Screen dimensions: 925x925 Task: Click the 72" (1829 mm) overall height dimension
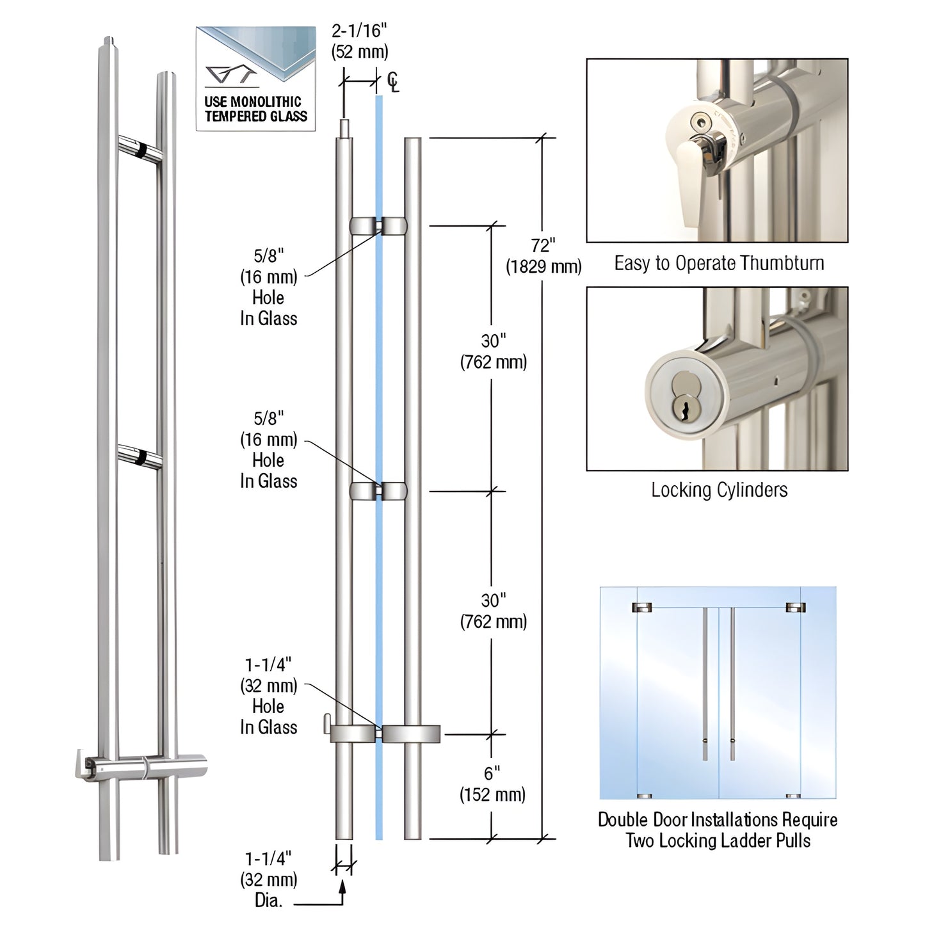[543, 256]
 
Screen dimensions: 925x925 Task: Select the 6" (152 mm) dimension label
[492, 784]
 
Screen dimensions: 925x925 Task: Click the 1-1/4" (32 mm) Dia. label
[269, 878]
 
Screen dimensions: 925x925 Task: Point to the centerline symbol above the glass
[392, 83]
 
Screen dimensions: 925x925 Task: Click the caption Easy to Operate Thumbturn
[718, 263]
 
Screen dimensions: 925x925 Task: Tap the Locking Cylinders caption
[719, 490]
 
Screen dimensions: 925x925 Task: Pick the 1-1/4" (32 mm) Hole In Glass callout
[269, 696]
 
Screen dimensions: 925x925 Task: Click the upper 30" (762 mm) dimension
[493, 351]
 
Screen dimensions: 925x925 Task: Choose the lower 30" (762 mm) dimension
[493, 611]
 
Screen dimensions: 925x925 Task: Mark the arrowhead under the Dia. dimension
[343, 887]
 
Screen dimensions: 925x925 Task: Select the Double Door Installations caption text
[718, 830]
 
